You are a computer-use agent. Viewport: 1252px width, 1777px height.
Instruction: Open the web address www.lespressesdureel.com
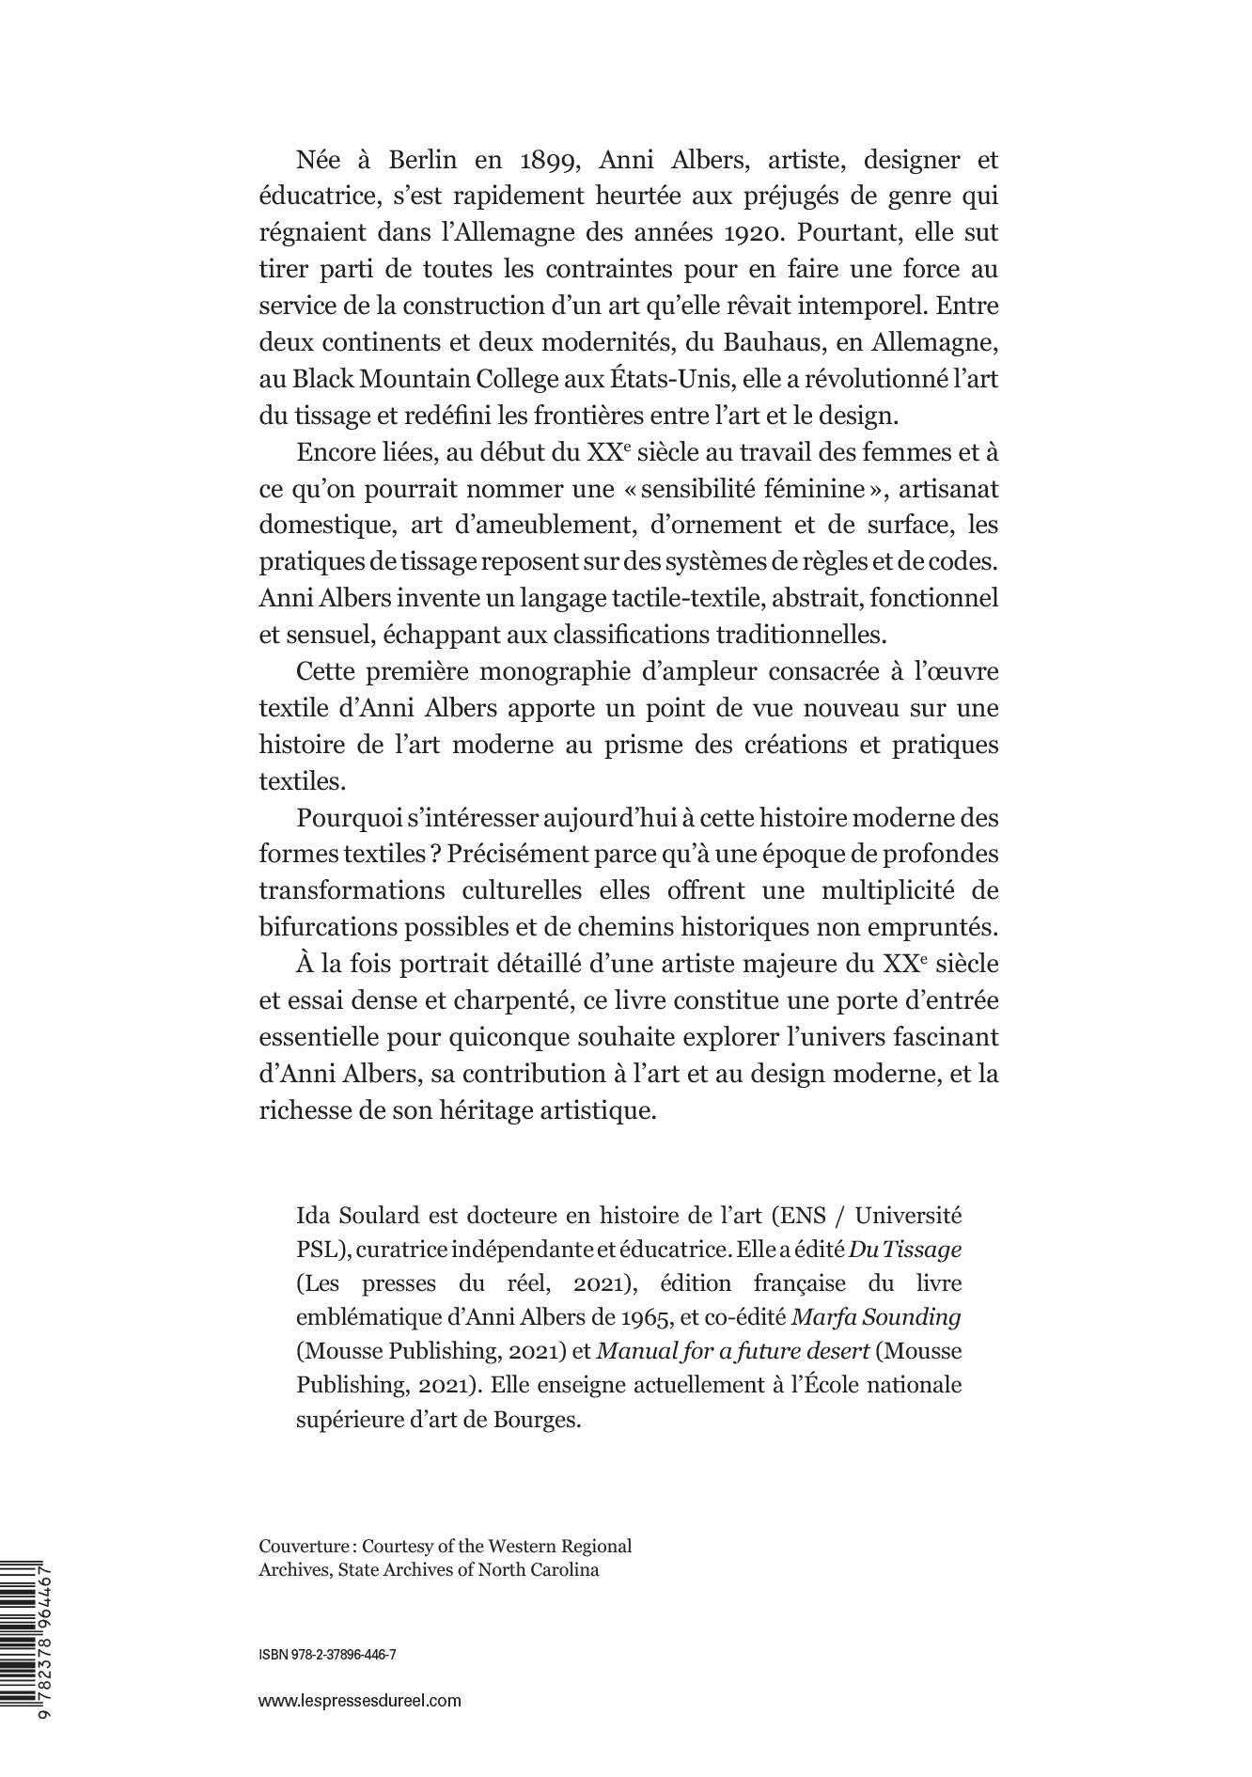(x=360, y=1700)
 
